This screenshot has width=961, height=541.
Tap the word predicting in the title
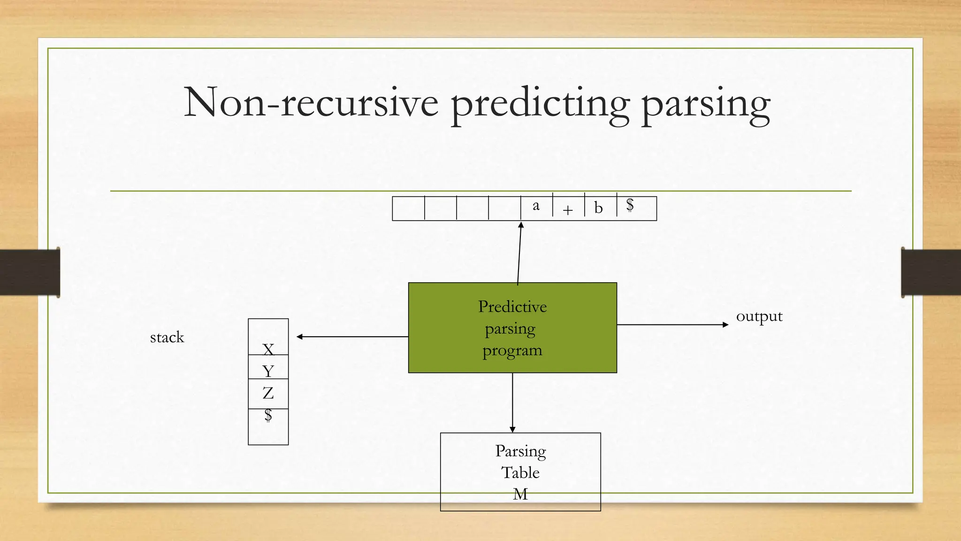pos(540,104)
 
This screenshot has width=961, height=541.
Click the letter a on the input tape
pos(536,206)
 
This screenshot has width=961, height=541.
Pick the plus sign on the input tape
pos(568,210)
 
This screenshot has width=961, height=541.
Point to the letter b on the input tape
pos(598,208)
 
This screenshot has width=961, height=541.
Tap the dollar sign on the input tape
pos(630,205)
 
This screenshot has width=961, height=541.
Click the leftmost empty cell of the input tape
pos(408,209)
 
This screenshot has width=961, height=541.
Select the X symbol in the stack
pos(268,349)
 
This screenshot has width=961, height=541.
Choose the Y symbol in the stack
pos(268,371)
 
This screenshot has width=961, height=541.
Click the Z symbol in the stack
pos(268,393)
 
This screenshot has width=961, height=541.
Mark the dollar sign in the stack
pos(268,415)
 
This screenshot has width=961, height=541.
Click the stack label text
pos(167,337)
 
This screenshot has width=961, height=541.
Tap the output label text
pos(759,317)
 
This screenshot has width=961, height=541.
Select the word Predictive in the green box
pos(512,307)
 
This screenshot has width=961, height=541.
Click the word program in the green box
pos(512,350)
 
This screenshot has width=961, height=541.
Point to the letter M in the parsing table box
pos(520,494)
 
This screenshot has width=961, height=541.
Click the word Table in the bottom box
pos(520,472)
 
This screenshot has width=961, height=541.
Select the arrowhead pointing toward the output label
pos(725,325)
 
